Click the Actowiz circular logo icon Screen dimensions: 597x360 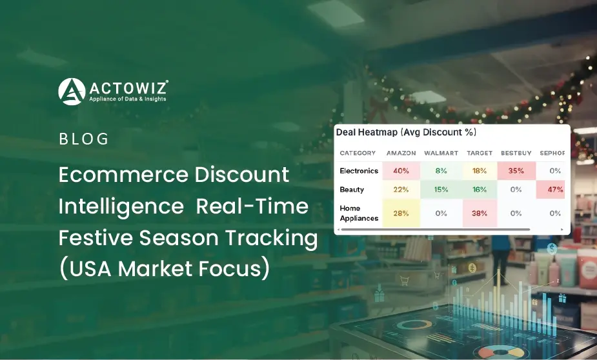click(72, 92)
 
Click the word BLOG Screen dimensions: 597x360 click(84, 139)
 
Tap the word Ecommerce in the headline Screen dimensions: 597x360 click(123, 175)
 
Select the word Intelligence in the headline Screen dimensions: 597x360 click(121, 206)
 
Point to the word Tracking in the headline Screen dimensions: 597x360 click(271, 238)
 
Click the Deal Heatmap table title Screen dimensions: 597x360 click(406, 132)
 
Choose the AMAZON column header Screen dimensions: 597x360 click(401, 153)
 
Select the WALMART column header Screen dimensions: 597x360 click(441, 153)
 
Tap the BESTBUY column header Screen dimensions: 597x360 click(516, 153)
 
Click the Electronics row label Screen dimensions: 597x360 click(359, 171)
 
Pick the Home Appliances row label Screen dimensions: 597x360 click(359, 213)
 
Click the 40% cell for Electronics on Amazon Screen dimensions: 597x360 click(401, 171)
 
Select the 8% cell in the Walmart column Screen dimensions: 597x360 click(441, 171)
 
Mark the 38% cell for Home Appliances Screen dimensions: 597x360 click(480, 213)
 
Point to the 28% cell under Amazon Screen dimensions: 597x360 click(401, 213)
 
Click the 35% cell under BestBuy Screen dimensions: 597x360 click(516, 171)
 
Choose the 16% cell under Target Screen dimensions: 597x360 click(480, 190)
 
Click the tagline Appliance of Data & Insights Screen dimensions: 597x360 click(128, 99)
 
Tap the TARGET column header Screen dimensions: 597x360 click(480, 153)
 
